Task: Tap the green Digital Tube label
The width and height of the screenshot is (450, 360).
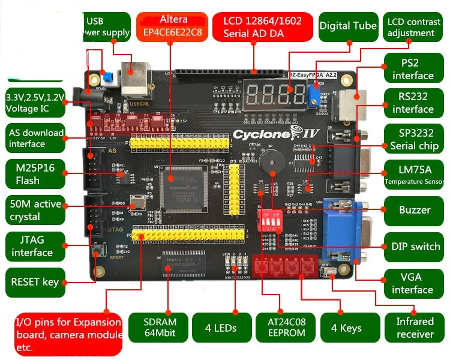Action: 347,26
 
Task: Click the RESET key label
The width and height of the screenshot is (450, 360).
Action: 34,281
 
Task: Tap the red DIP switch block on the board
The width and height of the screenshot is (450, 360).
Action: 268,220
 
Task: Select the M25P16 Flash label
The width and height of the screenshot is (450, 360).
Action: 34,174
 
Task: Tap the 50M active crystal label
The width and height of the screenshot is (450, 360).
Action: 34,210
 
